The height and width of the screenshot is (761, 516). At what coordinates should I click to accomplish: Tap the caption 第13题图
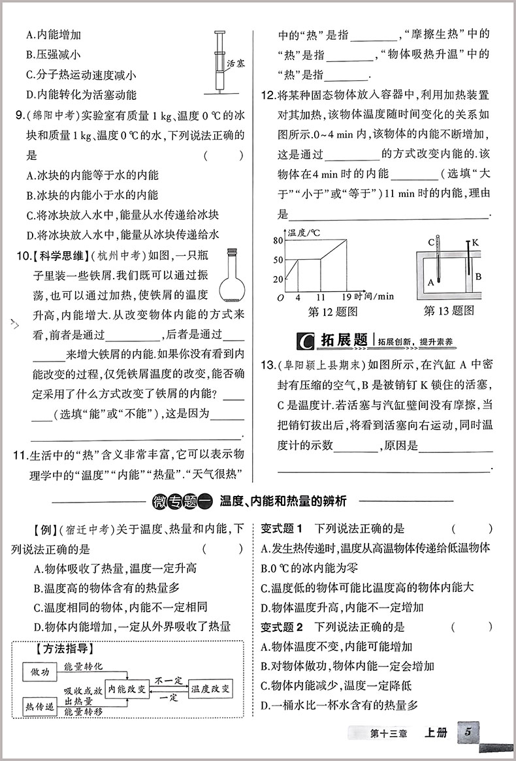click(x=449, y=311)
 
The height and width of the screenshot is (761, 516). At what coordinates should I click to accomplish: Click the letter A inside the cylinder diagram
click(x=431, y=283)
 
